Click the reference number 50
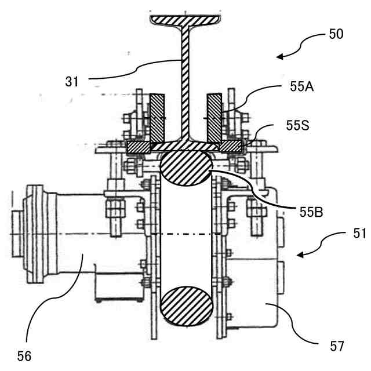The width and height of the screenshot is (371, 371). click(x=336, y=34)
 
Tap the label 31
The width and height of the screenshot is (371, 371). click(x=72, y=82)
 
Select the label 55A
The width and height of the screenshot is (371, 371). click(x=302, y=87)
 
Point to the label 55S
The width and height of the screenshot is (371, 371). click(x=297, y=125)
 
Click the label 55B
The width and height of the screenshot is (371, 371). click(x=311, y=212)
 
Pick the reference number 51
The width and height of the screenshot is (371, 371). click(x=359, y=234)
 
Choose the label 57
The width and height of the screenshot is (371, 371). click(x=337, y=347)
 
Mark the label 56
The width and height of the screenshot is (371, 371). click(x=24, y=356)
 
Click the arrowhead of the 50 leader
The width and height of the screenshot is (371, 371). click(x=279, y=57)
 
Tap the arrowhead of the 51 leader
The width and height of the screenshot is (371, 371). click(x=300, y=255)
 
